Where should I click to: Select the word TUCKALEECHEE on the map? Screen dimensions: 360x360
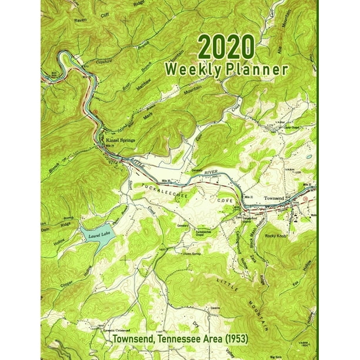(171, 192)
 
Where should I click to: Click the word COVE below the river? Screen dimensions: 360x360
(226, 201)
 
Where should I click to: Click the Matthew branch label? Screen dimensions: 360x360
(139, 89)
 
